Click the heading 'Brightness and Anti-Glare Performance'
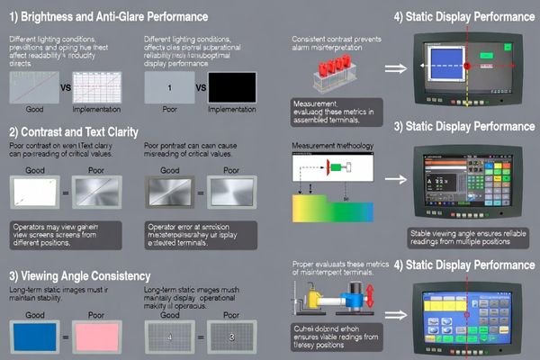(x=113, y=17)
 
